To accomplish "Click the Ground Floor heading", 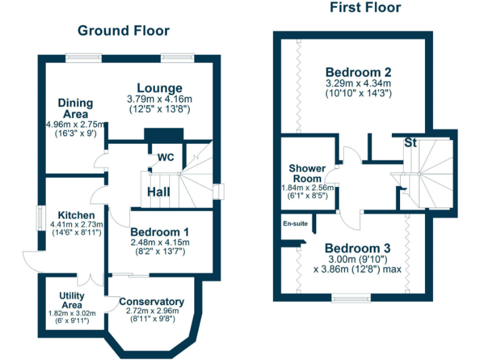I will (123, 31).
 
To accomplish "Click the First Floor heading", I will (365, 7).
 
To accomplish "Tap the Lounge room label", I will (159, 88).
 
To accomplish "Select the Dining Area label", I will (76, 108).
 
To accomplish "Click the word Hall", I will (159, 192).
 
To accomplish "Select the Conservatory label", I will (152, 301).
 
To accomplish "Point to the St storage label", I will (410, 142).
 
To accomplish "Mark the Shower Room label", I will (307, 173).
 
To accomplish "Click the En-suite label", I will (296, 223).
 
